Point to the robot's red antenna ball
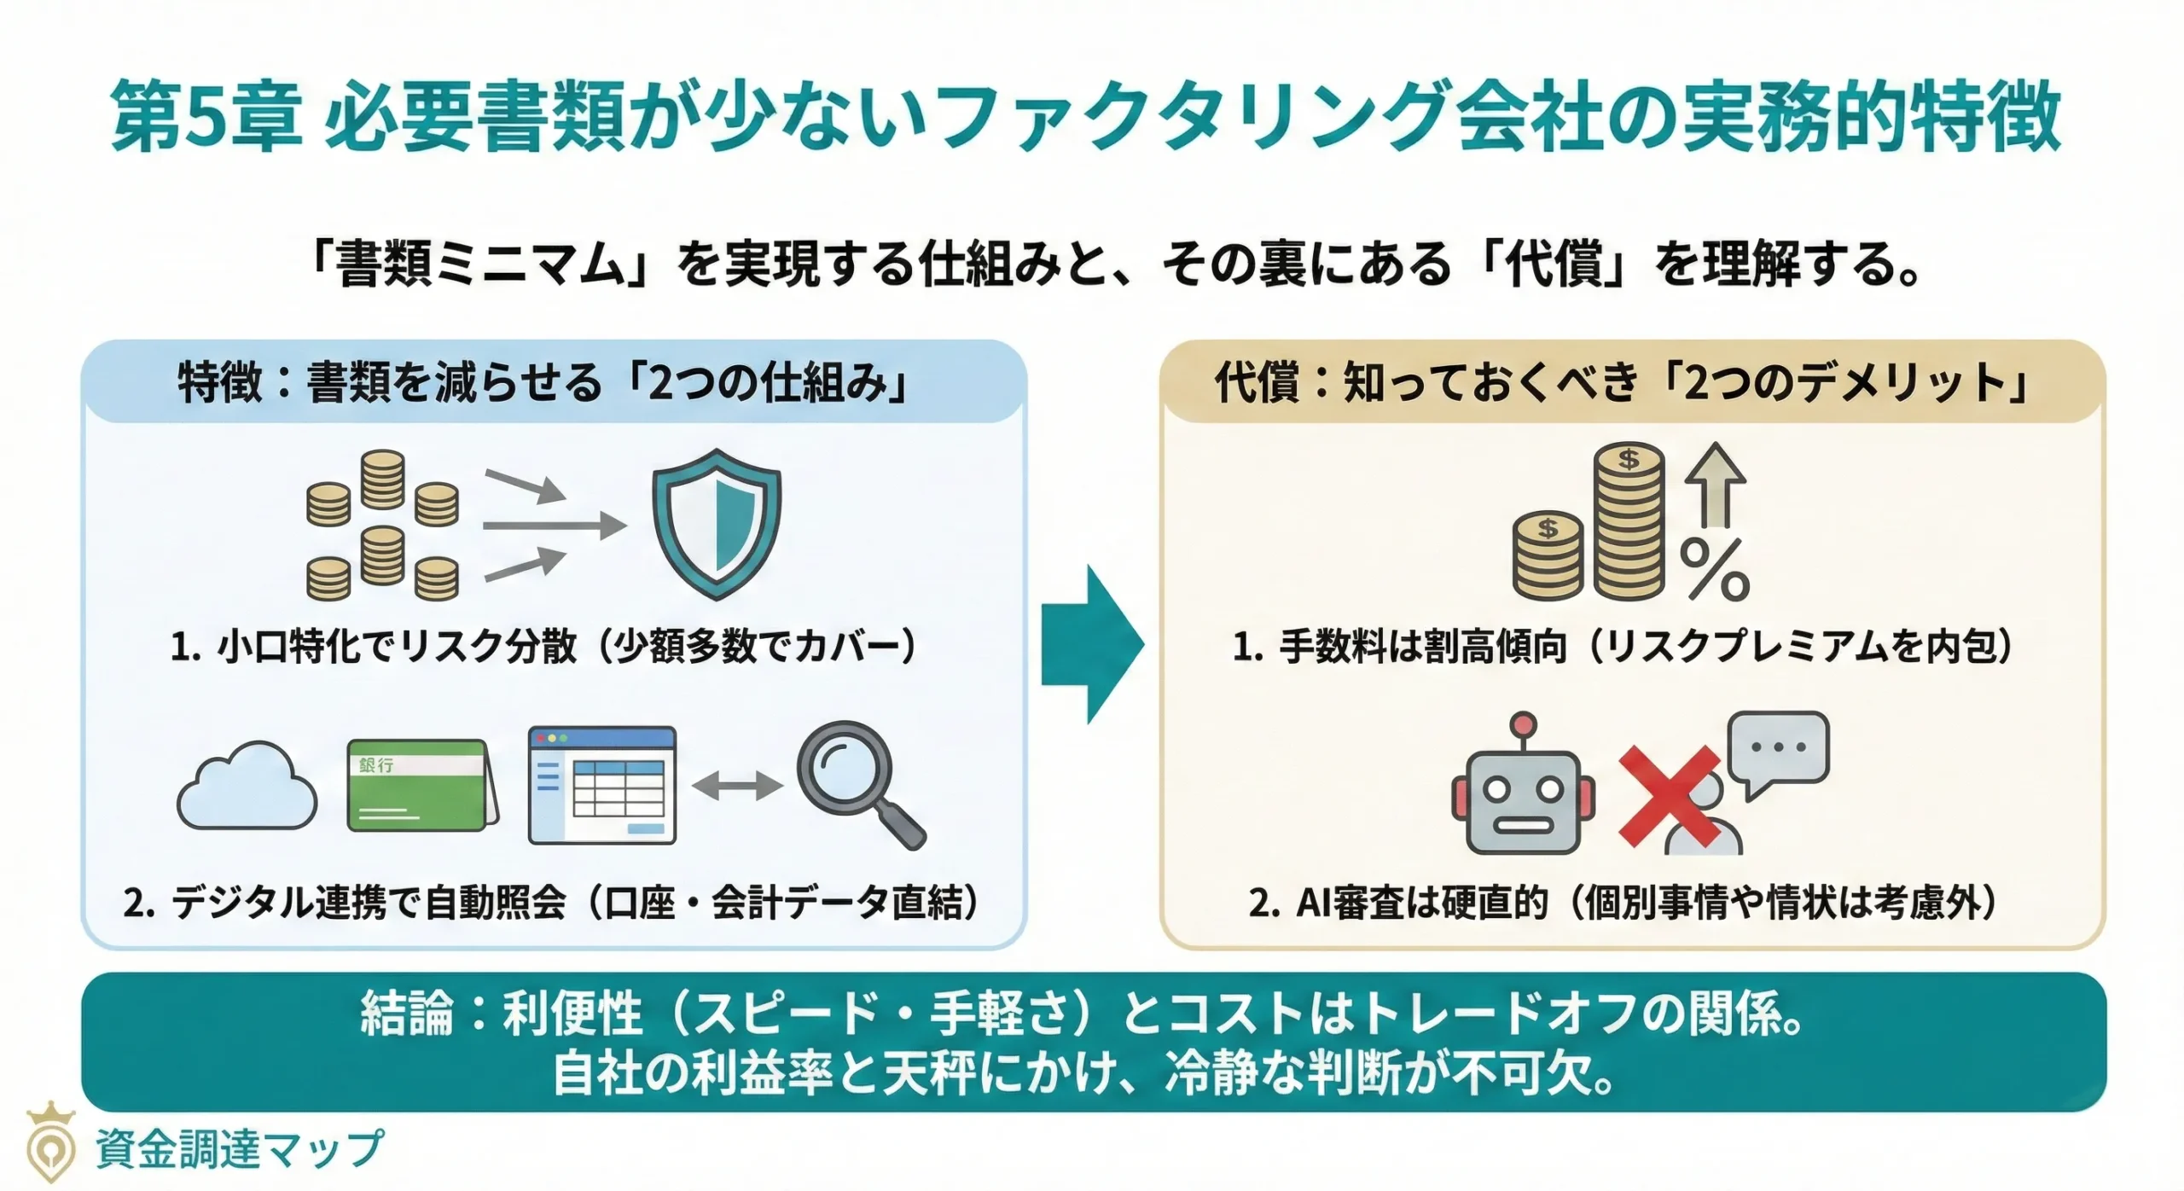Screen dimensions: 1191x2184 point(1522,726)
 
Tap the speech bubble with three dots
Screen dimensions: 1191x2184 point(1780,750)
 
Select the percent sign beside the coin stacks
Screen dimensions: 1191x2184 point(1715,571)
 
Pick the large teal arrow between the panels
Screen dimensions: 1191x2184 point(1092,644)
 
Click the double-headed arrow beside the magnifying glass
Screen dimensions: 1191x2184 point(737,786)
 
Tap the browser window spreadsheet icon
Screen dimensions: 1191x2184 point(602,785)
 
